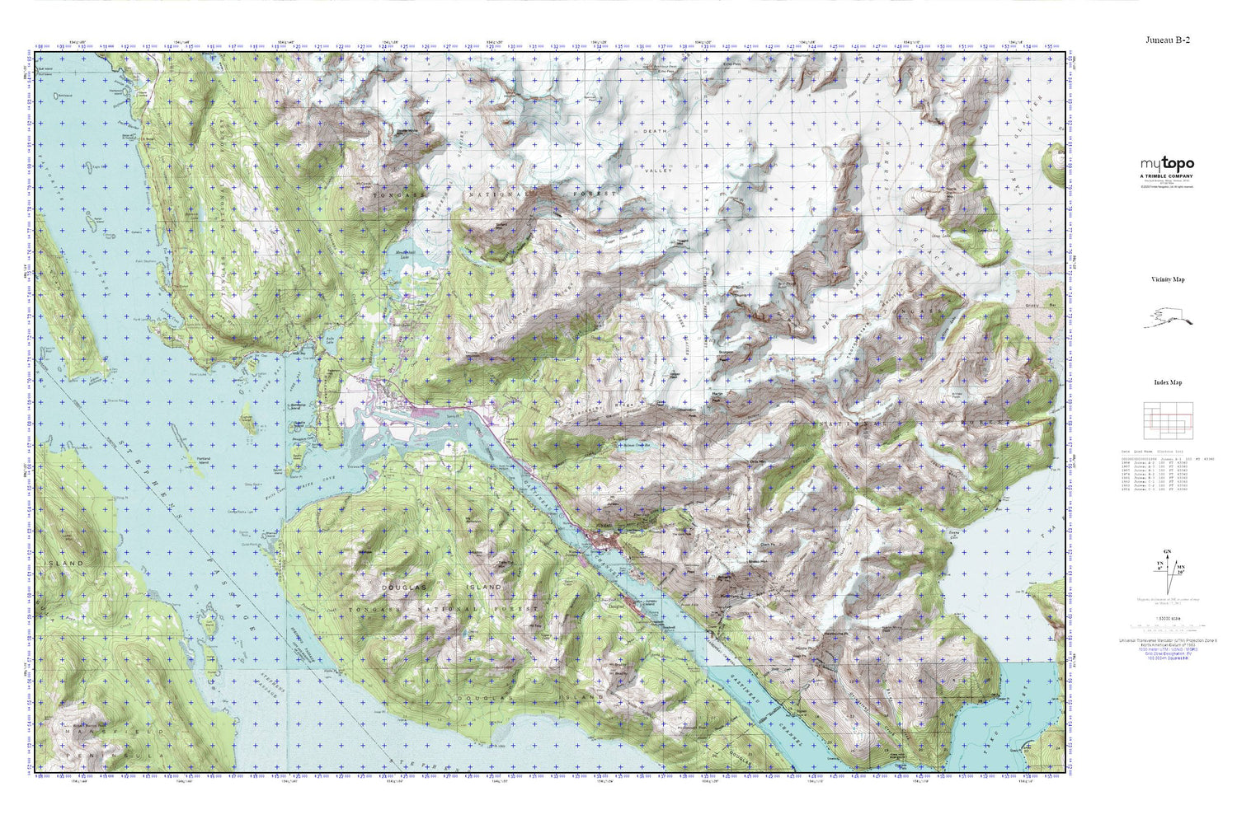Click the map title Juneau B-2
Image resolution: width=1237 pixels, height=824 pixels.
[x=1167, y=40]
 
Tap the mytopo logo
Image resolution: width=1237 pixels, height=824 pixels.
[x=1167, y=164]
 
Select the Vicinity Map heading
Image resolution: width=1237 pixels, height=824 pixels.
[x=1168, y=279]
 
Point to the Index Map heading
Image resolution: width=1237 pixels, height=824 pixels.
[x=1168, y=382]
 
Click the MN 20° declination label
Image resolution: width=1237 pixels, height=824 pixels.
[x=1181, y=569]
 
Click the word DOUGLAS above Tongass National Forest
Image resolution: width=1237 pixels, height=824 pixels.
[x=404, y=587]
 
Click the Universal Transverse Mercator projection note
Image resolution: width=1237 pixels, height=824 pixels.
[x=1167, y=640]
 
